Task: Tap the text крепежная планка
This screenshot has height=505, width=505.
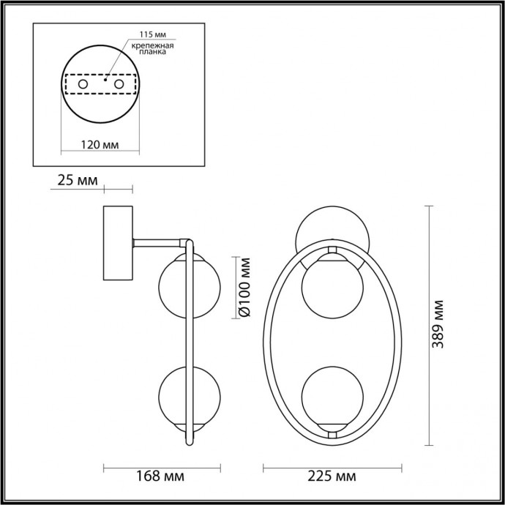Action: [151, 49]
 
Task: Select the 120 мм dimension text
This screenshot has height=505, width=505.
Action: [99, 145]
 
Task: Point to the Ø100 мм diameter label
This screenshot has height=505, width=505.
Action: [245, 287]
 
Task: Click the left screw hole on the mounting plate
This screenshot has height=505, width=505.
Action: [83, 86]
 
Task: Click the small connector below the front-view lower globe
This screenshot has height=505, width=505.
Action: [331, 433]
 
